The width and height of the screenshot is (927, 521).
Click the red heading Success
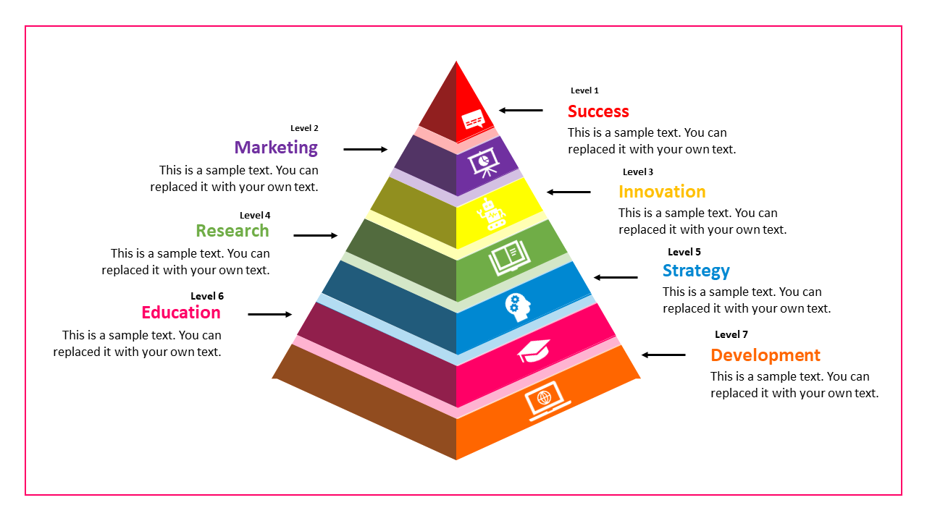click(598, 111)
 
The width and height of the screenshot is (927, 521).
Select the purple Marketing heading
click(276, 148)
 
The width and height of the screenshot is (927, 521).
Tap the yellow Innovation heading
click(662, 192)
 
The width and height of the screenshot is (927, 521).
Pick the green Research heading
click(232, 231)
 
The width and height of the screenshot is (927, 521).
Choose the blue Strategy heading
click(696, 271)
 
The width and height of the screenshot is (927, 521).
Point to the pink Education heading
click(181, 313)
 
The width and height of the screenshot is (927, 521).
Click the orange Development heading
click(765, 355)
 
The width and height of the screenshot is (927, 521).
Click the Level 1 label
click(584, 90)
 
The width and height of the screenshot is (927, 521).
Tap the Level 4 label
click(255, 215)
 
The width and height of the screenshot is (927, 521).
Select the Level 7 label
click(731, 334)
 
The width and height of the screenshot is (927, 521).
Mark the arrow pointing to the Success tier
click(521, 111)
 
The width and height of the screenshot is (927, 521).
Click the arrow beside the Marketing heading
click(366, 150)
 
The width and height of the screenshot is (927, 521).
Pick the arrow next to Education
click(270, 314)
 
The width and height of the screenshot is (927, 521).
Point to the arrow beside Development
click(663, 355)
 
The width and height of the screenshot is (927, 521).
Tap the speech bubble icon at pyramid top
click(473, 119)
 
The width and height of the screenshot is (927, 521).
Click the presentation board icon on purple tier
click(483, 163)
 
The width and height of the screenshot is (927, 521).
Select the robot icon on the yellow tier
click(492, 215)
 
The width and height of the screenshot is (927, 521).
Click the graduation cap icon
click(534, 351)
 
